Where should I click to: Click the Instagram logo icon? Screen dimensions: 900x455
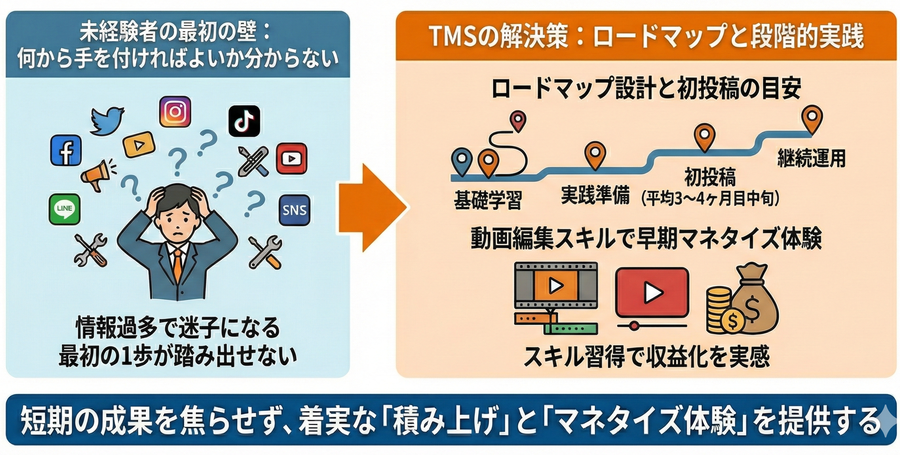pyautogui.click(x=175, y=111)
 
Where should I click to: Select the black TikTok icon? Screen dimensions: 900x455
pyautogui.click(x=244, y=121)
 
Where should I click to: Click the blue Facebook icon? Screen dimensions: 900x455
pyautogui.click(x=66, y=150)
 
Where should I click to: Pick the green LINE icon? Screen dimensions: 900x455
pyautogui.click(x=64, y=209)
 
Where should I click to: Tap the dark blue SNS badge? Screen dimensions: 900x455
pyautogui.click(x=294, y=210)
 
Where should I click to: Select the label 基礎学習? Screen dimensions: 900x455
pyautogui.click(x=487, y=200)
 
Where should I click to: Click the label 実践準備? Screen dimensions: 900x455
pyautogui.click(x=595, y=195)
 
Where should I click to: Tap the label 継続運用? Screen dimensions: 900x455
pyautogui.click(x=811, y=158)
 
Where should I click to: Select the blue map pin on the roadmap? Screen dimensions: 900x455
pyautogui.click(x=462, y=161)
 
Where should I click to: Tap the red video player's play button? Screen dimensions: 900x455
pyautogui.click(x=652, y=292)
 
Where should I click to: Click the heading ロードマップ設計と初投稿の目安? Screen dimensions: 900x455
pyautogui.click(x=646, y=89)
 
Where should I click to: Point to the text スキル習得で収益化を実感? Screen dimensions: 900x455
pyautogui.click(x=646, y=357)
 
